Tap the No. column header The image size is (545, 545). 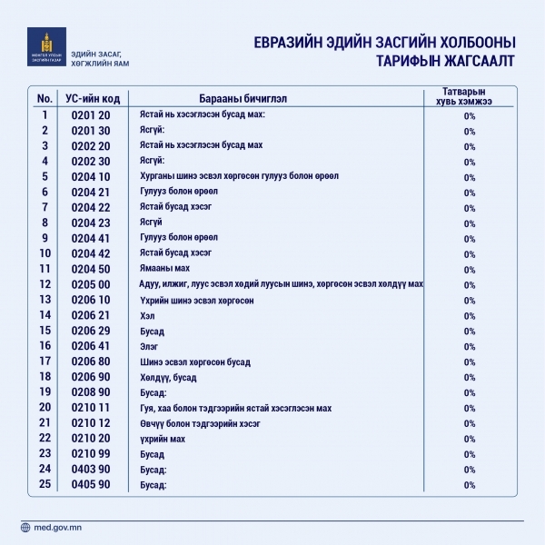coord(44,97)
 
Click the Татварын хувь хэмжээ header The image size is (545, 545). coord(469,97)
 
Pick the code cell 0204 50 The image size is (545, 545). coord(89,269)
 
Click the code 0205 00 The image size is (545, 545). coord(89,284)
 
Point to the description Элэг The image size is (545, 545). coord(149,346)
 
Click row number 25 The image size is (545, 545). coord(44,485)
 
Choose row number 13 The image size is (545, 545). coord(44,300)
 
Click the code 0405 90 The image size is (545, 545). coord(89,485)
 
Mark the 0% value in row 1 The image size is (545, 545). coord(470,115)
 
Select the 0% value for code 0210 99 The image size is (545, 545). coord(470,454)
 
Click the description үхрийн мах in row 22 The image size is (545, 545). coord(163,439)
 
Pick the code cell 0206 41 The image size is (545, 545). coord(89,346)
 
